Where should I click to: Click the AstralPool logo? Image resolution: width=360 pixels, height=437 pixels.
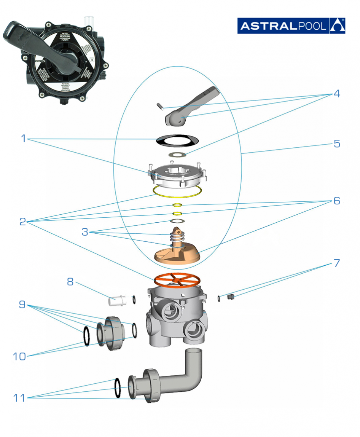tap(291, 26)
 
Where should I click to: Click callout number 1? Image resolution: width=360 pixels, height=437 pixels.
tap(24, 139)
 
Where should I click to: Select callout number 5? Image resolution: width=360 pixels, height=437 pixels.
tap(336, 144)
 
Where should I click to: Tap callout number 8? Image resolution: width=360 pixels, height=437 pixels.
tap(70, 282)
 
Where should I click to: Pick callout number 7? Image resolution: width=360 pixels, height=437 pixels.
tap(336, 263)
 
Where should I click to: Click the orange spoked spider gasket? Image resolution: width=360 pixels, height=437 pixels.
tap(177, 279)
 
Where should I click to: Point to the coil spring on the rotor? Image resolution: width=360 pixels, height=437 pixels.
tap(176, 239)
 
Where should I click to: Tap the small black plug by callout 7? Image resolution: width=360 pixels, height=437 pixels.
tap(229, 297)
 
